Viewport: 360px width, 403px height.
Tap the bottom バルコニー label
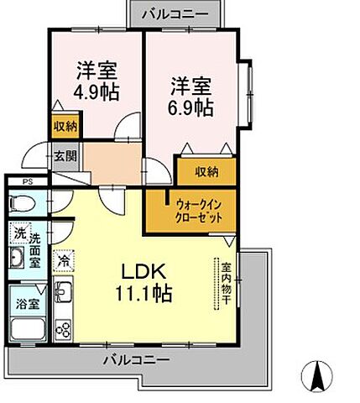tap(137, 359)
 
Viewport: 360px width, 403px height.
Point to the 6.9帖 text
tap(192, 107)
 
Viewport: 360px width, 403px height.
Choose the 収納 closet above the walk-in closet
tap(207, 171)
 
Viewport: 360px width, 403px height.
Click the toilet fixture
tap(23, 203)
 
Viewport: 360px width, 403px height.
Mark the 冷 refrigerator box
tap(64, 261)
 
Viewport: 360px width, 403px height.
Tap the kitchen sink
tap(63, 293)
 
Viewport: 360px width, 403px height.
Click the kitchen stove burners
tap(63, 328)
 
